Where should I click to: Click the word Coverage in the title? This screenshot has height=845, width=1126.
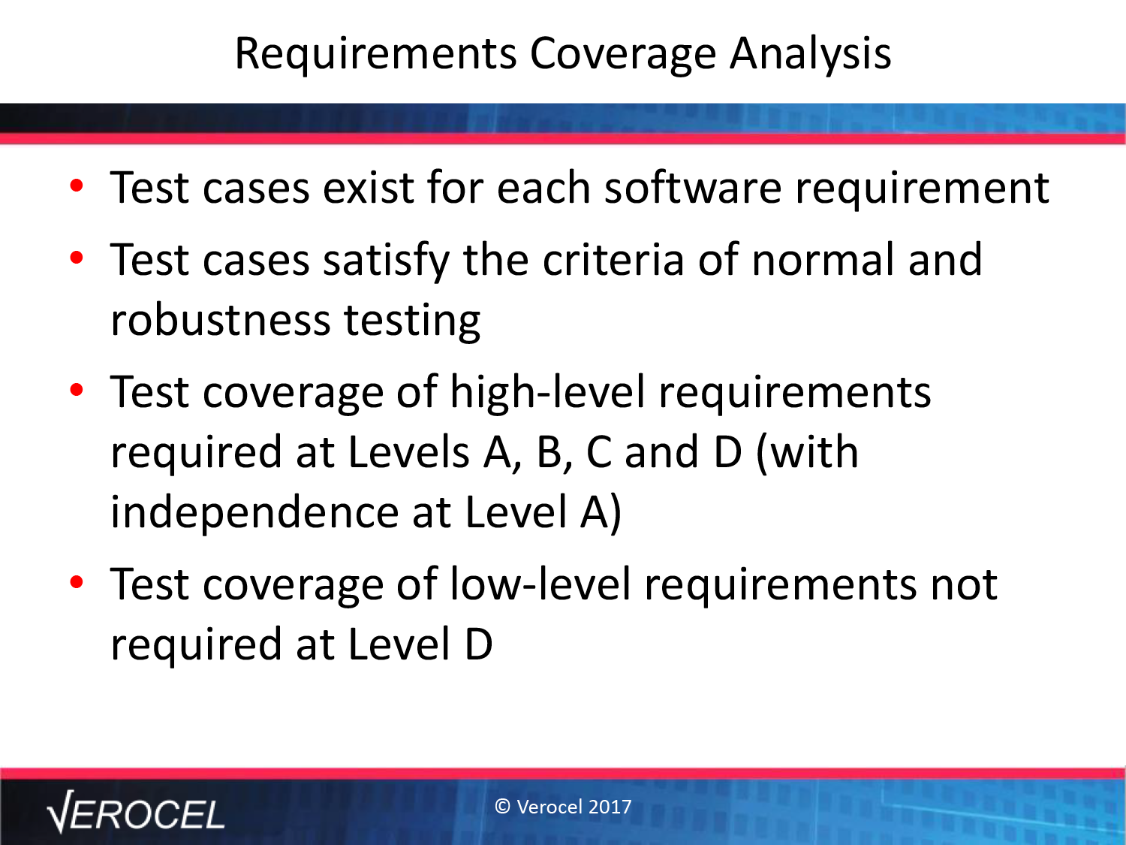pyautogui.click(x=623, y=55)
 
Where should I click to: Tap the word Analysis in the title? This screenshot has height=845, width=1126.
pyautogui.click(x=811, y=55)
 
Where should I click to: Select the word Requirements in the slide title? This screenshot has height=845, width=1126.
pyautogui.click(x=375, y=55)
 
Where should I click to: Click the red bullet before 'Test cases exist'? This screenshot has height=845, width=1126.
pyautogui.click(x=77, y=186)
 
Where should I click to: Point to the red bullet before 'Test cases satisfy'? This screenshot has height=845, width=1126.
pyautogui.click(x=77, y=257)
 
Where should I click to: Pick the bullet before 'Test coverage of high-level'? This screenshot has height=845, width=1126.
pyautogui.click(x=77, y=390)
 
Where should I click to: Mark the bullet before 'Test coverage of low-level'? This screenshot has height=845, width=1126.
pyautogui.click(x=77, y=582)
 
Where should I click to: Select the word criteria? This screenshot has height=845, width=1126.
pyautogui.click(x=613, y=259)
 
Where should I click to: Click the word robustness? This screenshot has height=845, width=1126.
pyautogui.click(x=221, y=320)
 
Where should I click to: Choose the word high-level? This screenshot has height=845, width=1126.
pyautogui.click(x=547, y=392)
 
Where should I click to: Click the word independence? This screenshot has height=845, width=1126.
pyautogui.click(x=255, y=512)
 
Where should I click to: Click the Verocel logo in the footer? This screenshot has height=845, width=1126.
pyautogui.click(x=135, y=812)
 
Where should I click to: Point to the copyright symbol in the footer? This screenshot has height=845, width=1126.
pyautogui.click(x=503, y=807)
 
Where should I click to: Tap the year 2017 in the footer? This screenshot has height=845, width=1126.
pyautogui.click(x=610, y=807)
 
